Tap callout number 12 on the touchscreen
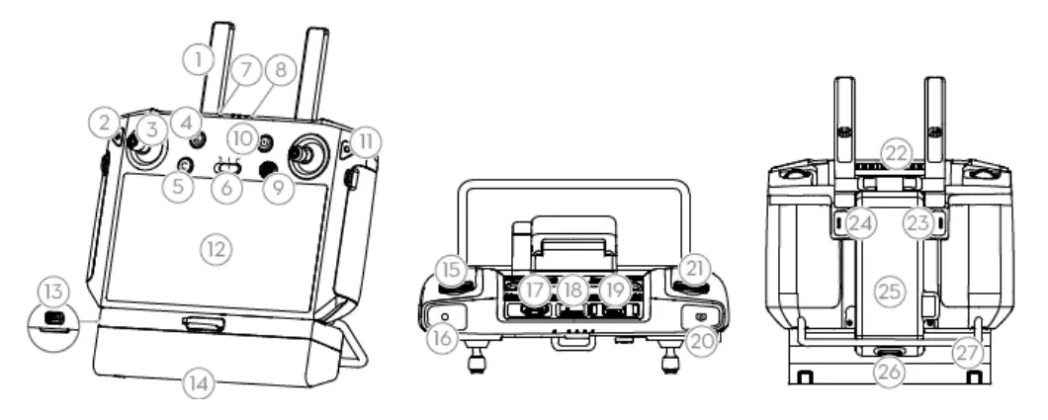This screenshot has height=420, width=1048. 216,248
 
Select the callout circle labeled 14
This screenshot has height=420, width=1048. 201,383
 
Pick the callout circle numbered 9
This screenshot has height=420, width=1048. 280,186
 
